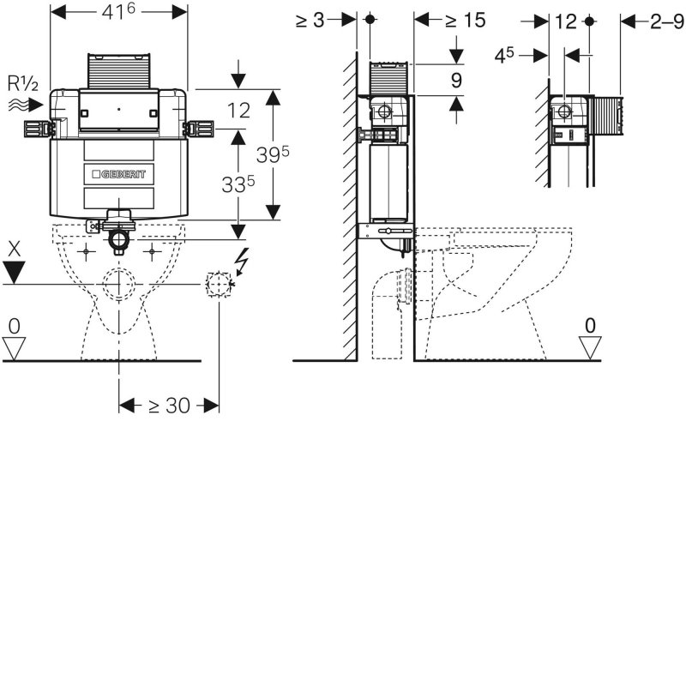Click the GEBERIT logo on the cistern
118,174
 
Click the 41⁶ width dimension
118,12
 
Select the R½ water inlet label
23,83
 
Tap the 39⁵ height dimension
273,154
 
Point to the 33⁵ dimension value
238,184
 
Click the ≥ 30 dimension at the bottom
169,406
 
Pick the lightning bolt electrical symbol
242,262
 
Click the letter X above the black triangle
14,249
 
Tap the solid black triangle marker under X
14,272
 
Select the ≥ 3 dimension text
310,20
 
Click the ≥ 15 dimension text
466,20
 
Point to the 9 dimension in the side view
456,81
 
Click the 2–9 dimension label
667,21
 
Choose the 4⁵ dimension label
504,56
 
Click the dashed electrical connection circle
219,285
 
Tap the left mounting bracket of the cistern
39,129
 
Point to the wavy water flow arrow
26,105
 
